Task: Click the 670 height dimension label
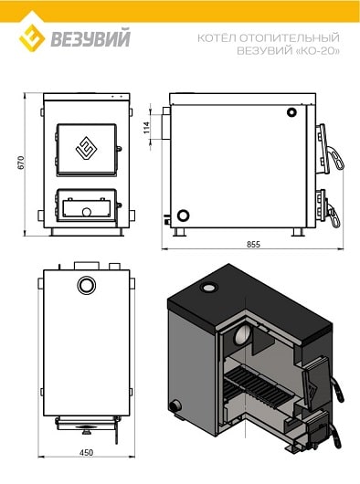[21, 163]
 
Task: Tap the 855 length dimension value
[253, 244]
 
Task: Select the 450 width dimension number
[86, 453]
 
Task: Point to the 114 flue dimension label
[146, 127]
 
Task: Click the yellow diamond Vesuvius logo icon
[32, 38]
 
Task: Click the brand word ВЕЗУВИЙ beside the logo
[90, 37]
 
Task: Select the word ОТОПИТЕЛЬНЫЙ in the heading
[290, 38]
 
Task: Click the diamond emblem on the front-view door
[87, 149]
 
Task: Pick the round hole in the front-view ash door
[87, 212]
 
